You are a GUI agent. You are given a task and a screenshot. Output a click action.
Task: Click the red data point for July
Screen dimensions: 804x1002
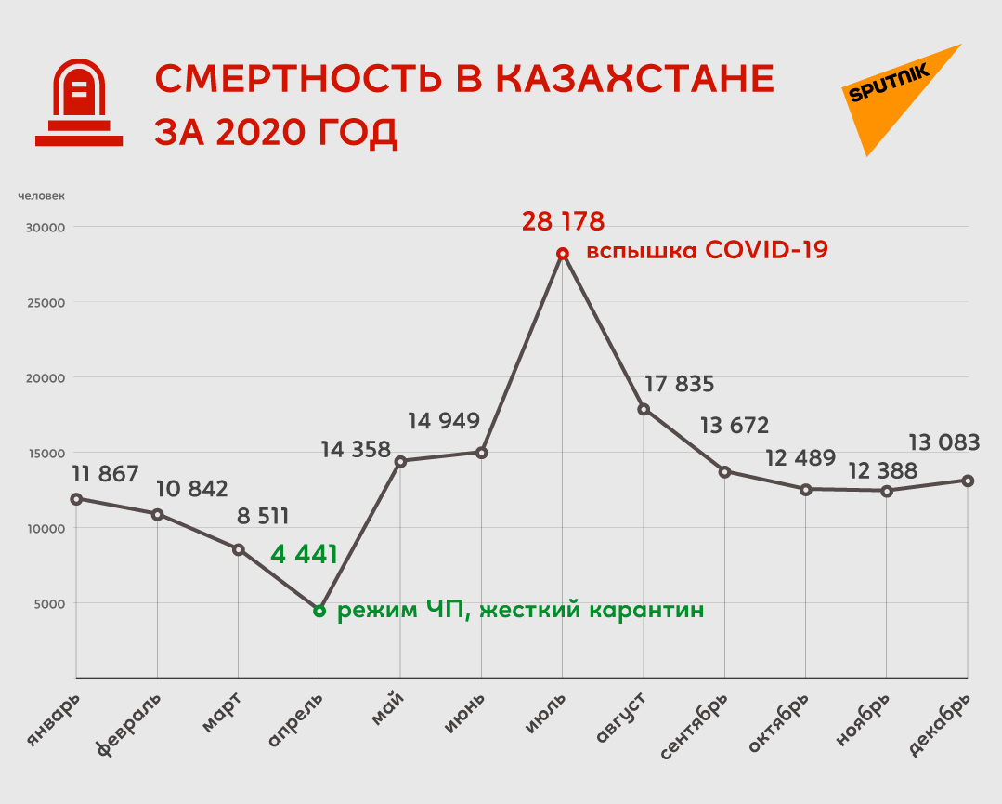[x=562, y=254]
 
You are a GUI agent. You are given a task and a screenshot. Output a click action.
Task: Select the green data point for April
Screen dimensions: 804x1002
[x=319, y=611]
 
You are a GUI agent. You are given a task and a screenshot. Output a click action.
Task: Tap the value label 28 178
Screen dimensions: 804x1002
[x=563, y=221]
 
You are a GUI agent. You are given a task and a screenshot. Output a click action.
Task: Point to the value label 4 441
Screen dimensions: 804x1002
[x=304, y=556]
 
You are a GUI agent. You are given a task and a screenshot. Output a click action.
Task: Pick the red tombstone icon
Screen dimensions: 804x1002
[x=79, y=101]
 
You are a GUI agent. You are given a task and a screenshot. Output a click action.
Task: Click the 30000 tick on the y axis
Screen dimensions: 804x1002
[x=43, y=227]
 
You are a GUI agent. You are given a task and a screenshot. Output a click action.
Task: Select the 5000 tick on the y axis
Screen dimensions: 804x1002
[x=46, y=603]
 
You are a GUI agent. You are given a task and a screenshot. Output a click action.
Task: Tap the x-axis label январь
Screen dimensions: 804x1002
[x=52, y=720]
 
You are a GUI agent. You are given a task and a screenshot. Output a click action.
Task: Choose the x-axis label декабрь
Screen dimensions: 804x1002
[x=940, y=724]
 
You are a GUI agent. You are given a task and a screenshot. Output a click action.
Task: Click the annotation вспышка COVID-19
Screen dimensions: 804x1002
[x=706, y=251]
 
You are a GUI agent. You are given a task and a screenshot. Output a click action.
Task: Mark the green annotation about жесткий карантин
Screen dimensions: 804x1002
[x=520, y=611]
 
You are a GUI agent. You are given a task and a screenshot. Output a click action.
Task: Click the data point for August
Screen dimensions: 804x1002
[x=643, y=409]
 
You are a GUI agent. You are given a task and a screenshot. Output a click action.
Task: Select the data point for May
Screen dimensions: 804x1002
[x=400, y=461]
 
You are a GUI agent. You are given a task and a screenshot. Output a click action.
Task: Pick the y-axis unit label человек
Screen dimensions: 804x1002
[x=42, y=195]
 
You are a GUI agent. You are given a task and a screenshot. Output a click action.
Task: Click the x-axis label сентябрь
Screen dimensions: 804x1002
[x=696, y=726]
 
